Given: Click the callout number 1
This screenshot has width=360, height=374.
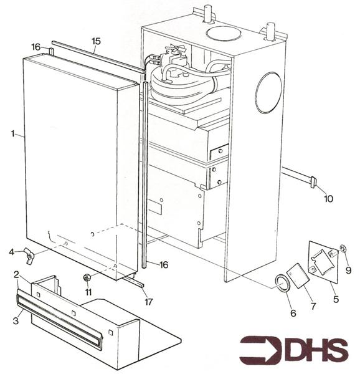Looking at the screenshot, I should coord(12,134).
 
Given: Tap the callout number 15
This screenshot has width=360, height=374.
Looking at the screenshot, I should coord(95,41).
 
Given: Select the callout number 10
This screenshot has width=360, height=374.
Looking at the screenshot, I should coord(328,199).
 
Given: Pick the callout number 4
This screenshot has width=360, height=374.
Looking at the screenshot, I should coord(11,252).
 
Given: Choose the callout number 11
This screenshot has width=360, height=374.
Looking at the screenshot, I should coord(88,291).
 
